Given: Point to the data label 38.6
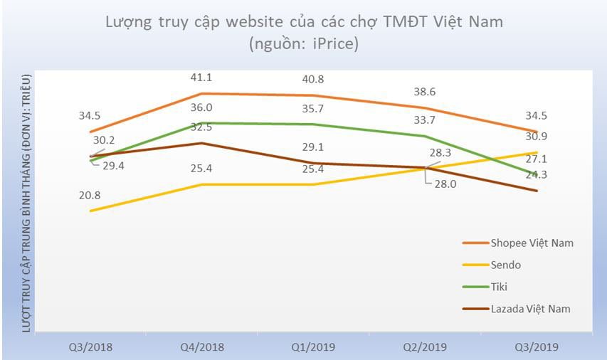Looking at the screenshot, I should coord(425,92).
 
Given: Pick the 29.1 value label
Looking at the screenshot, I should coord(314,147).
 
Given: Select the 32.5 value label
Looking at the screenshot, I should coord(204,127).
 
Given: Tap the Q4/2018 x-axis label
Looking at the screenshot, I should coord(203,347).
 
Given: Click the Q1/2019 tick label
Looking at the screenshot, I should coord(314,347).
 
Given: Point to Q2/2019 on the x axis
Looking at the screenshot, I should coord(425,347).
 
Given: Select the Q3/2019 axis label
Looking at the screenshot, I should coord(536,347).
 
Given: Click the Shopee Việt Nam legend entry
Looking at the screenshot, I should coord(532,243).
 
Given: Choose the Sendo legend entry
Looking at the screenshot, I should coord(506,265).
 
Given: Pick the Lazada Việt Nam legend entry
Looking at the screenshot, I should coord(531,309).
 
